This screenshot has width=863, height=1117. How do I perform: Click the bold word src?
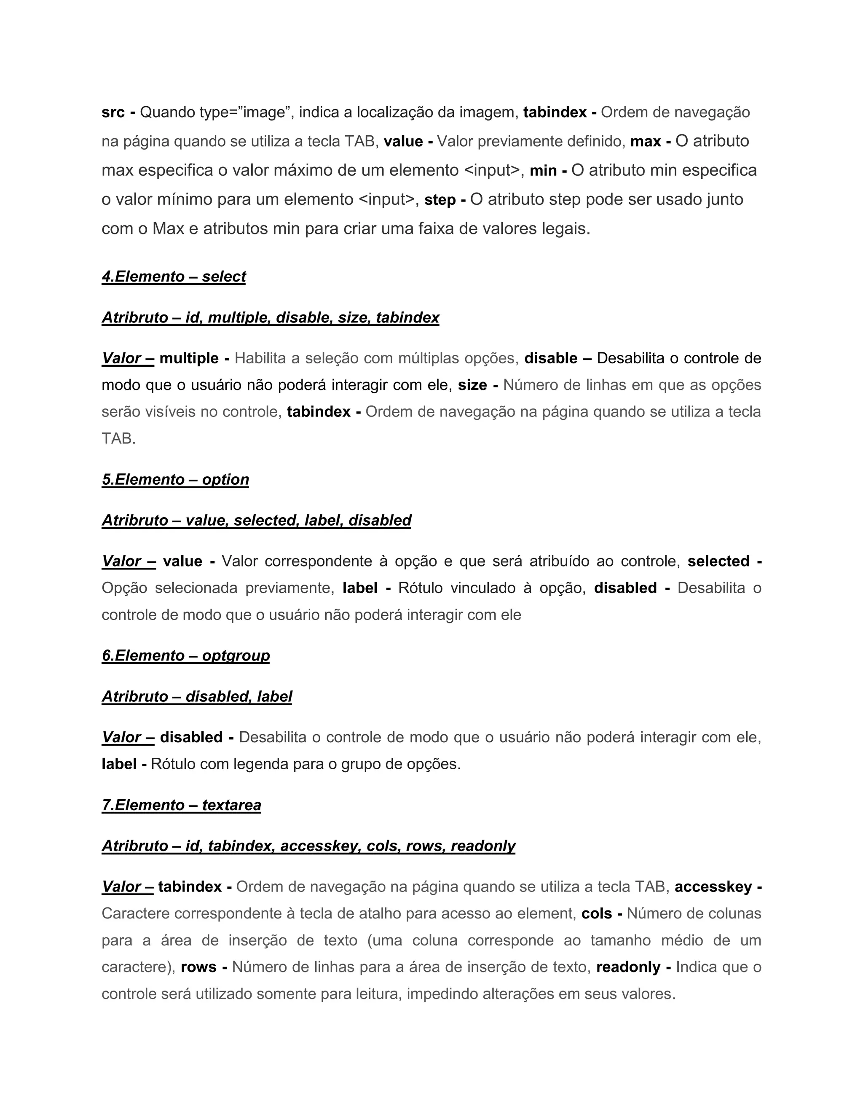113,113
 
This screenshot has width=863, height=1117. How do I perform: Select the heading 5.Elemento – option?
175,480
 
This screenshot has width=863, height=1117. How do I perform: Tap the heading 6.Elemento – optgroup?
185,656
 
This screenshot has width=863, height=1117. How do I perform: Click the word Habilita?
260,359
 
